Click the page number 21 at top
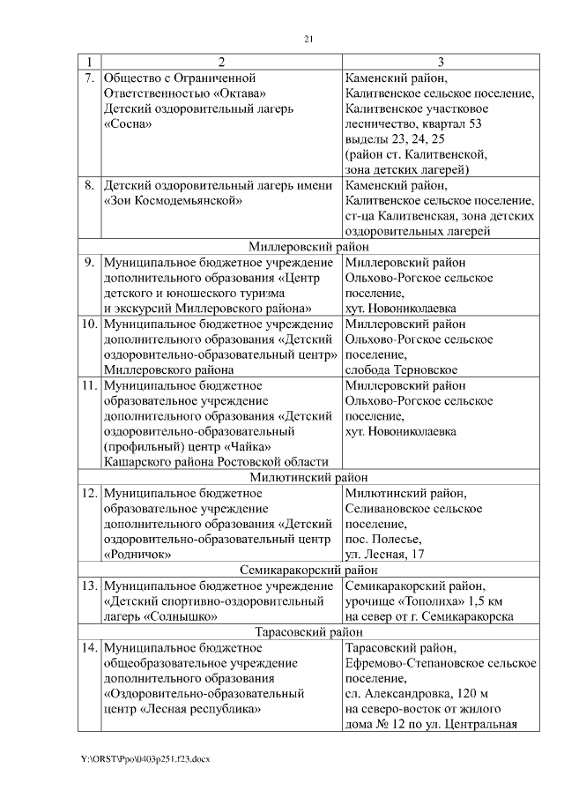click(308, 38)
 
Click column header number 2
click(221, 63)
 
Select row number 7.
click(89, 78)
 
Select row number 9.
click(89, 262)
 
